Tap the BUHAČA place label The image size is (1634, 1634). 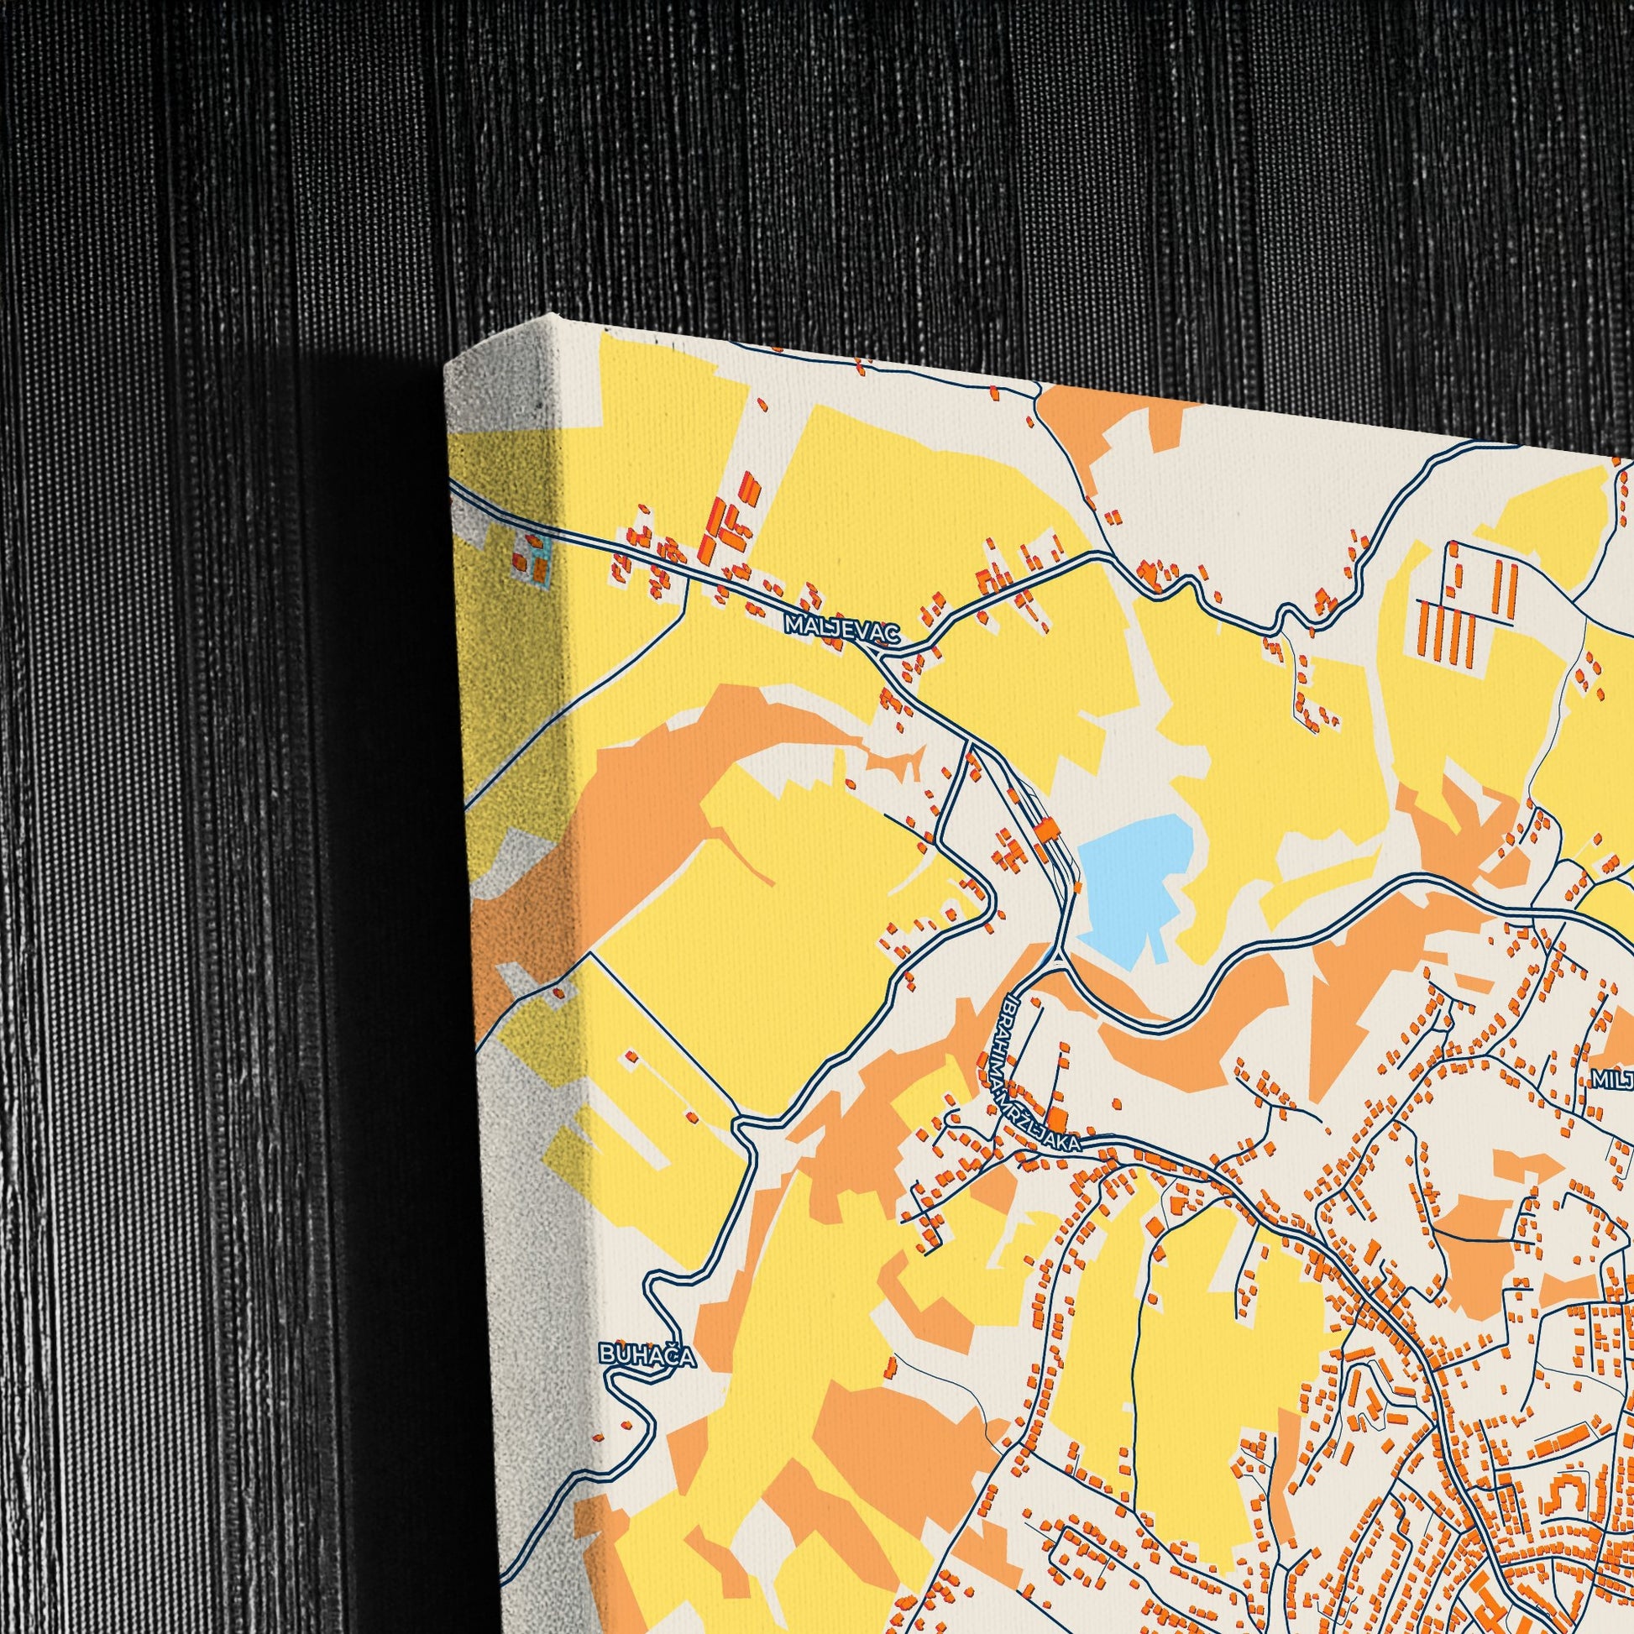pyautogui.click(x=648, y=1356)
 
